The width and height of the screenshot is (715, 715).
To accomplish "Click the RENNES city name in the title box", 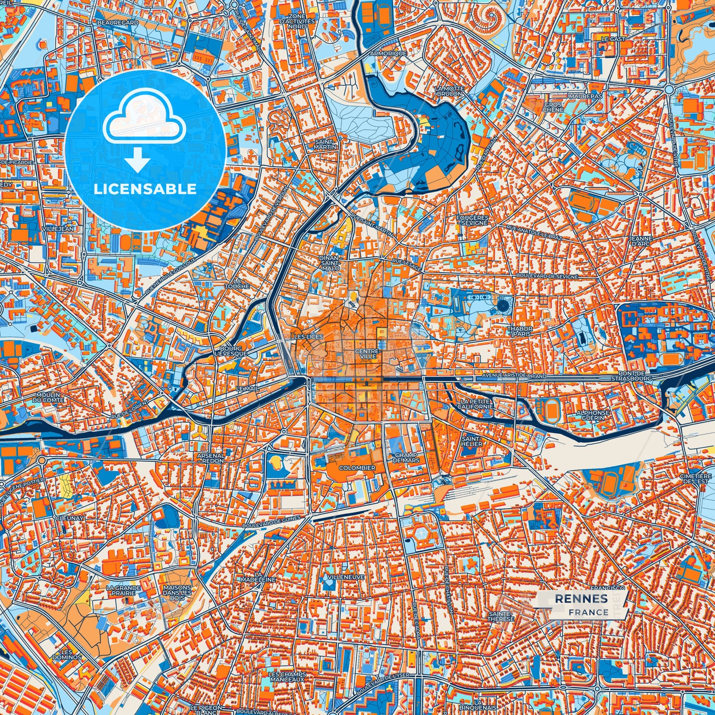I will pyautogui.click(x=581, y=599).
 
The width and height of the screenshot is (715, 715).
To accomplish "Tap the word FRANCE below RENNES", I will pyautogui.click(x=588, y=612).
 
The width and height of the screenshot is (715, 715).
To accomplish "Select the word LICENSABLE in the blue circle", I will pyautogui.click(x=145, y=189).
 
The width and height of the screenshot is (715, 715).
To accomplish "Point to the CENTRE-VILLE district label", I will pyautogui.click(x=367, y=353).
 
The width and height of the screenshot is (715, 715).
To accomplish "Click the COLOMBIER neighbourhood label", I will pyautogui.click(x=357, y=468).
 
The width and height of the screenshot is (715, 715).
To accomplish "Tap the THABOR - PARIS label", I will pyautogui.click(x=519, y=331).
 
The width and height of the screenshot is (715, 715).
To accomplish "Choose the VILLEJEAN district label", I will pyautogui.click(x=58, y=229).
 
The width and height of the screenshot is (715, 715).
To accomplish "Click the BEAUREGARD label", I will pyautogui.click(x=111, y=23).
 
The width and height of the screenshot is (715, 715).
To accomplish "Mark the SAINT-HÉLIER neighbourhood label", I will pyautogui.click(x=472, y=441).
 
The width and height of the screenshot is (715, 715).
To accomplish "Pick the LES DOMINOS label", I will pyautogui.click(x=67, y=654).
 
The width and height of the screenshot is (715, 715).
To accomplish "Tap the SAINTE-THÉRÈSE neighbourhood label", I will pyautogui.click(x=501, y=616).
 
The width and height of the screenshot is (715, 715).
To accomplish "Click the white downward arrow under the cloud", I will pyautogui.click(x=138, y=162).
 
